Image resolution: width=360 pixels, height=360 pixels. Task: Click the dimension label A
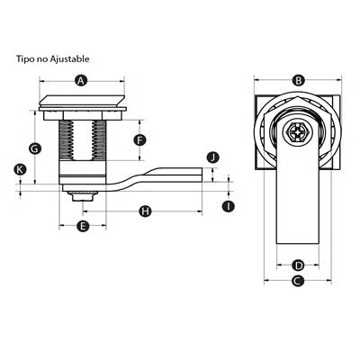click(80, 80)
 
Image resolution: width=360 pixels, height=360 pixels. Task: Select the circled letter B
click(299, 80)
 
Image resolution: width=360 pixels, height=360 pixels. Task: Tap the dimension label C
click(298, 281)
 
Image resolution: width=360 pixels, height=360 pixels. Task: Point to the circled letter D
click(298, 265)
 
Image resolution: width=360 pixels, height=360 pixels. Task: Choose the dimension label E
click(83, 226)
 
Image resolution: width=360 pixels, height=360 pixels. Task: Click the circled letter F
click(139, 139)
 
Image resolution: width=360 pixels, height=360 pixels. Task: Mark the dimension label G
click(35, 148)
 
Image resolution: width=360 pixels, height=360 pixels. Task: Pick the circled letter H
click(145, 211)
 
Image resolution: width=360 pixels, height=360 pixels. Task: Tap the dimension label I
click(229, 206)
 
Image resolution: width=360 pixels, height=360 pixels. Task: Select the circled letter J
click(213, 157)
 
